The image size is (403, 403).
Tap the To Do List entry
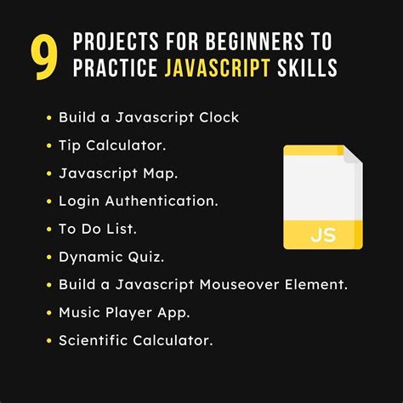(98, 228)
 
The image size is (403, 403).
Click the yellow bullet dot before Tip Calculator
(49, 145)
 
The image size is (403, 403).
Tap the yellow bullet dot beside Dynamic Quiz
(49, 256)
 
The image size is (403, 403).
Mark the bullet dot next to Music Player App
(49, 312)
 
